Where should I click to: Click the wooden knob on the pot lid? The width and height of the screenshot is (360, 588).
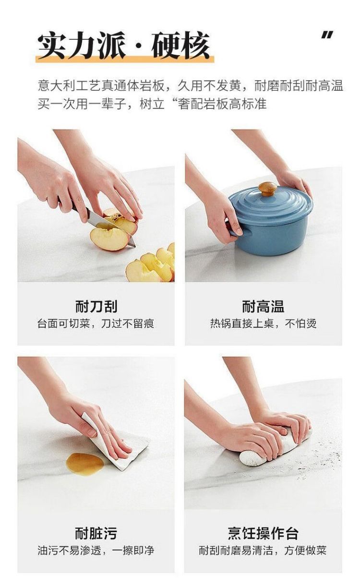click(x=267, y=188)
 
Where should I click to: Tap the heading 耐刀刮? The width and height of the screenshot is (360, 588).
click(x=96, y=306)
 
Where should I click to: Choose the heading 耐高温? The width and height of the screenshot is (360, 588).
click(x=263, y=306)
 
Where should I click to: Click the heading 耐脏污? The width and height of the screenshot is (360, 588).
click(x=96, y=533)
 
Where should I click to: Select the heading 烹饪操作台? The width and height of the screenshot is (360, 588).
click(x=263, y=533)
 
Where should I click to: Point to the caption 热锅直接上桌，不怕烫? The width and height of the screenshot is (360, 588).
click(x=263, y=324)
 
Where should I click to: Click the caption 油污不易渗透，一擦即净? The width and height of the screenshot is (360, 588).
click(x=96, y=550)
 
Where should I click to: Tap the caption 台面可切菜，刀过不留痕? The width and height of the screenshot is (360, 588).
click(x=96, y=324)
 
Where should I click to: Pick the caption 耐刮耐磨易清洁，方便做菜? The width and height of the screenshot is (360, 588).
click(x=263, y=550)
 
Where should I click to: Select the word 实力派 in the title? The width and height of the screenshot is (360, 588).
click(x=82, y=47)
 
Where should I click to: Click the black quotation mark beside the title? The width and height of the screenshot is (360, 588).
click(x=327, y=36)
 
